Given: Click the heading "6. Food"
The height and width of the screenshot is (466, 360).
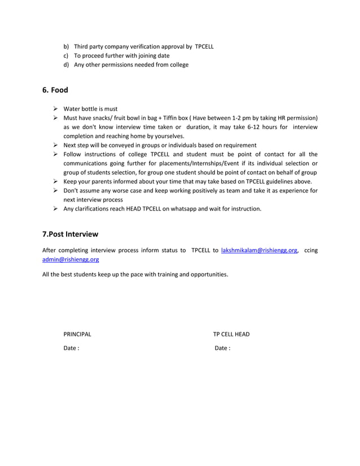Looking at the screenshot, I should (x=55, y=90).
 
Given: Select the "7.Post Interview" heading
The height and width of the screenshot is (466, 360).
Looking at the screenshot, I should (x=71, y=234).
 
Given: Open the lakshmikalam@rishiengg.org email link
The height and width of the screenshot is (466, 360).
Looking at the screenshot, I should (x=259, y=250).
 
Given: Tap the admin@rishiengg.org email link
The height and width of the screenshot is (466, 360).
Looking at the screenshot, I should (x=71, y=260).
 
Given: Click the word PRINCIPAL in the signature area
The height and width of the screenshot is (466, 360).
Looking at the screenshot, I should (x=77, y=334).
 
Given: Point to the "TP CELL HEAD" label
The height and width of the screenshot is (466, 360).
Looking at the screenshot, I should (x=231, y=334).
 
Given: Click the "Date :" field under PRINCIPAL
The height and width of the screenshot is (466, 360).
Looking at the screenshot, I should (x=71, y=348).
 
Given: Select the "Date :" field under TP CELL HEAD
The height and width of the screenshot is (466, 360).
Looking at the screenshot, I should (x=222, y=348).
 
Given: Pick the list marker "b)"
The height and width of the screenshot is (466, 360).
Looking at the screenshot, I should (x=66, y=46).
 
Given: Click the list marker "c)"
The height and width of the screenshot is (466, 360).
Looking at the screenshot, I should (x=66, y=55).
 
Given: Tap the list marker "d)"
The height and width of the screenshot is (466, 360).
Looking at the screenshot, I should (x=66, y=64).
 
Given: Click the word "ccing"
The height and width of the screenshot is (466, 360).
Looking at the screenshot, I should (x=310, y=250).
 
